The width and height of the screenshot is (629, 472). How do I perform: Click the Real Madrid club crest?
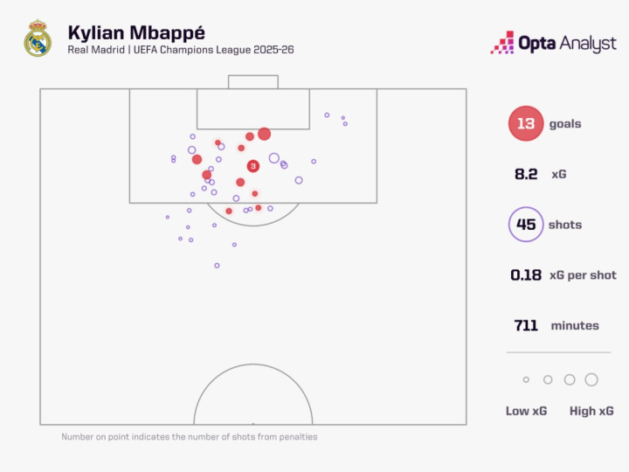tap(38, 39)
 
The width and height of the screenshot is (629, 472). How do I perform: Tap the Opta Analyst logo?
tap(554, 43)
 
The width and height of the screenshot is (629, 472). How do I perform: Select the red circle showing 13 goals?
tap(525, 124)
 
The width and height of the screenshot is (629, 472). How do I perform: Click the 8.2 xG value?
tap(526, 175)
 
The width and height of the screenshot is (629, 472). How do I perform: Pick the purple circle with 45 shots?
tap(526, 225)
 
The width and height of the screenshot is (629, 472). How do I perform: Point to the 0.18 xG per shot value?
tap(526, 275)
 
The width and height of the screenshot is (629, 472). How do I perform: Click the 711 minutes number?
tap(526, 326)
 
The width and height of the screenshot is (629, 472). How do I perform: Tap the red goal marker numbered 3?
tap(252, 166)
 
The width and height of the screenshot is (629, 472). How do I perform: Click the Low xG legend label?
tap(526, 411)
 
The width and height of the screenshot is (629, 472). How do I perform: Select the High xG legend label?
tap(591, 411)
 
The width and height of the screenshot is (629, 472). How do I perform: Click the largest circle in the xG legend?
tap(591, 379)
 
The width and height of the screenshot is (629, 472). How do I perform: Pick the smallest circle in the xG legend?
tap(526, 379)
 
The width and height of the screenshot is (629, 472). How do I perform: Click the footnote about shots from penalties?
tap(190, 436)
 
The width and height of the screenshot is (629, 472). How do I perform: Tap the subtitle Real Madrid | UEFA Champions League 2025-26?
tap(180, 50)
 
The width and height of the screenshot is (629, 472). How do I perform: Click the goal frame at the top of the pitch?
tap(253, 81)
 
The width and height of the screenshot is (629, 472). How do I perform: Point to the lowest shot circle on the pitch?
tap(217, 265)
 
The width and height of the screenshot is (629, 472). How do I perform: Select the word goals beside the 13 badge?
tap(565, 124)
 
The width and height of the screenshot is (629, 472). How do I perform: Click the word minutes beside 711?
tap(575, 326)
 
